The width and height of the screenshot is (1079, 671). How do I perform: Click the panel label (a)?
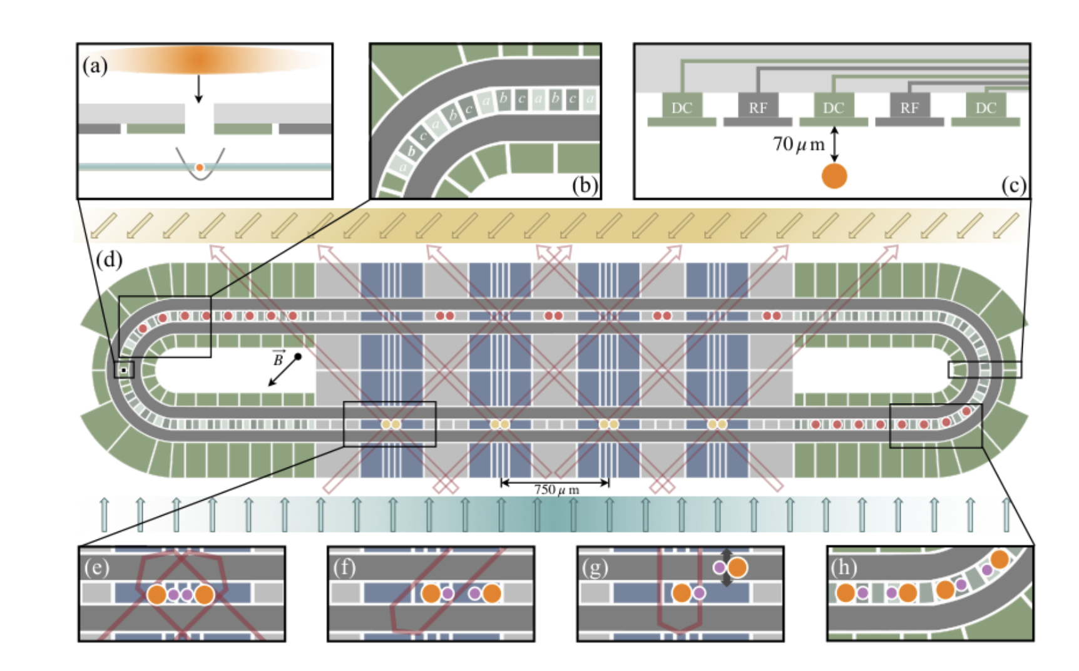pyautogui.click(x=95, y=65)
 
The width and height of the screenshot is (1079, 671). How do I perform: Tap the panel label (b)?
pyautogui.click(x=585, y=186)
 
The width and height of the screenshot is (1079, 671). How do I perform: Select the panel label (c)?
pyautogui.click(x=1013, y=185)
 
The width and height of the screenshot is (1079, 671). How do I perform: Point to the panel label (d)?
pyautogui.click(x=109, y=259)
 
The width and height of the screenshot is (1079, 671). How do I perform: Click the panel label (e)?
pyautogui.click(x=97, y=567)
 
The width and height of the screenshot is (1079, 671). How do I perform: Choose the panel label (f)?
pyautogui.click(x=345, y=567)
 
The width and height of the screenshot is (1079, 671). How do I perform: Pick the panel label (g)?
pyautogui.click(x=595, y=567)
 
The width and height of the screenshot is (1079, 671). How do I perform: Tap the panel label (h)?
pyautogui.click(x=844, y=567)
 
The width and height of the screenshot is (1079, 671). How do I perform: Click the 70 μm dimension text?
pyautogui.click(x=799, y=145)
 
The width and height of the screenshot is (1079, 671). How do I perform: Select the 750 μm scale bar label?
pyautogui.click(x=556, y=489)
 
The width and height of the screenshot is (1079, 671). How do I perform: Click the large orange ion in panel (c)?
pyautogui.click(x=834, y=176)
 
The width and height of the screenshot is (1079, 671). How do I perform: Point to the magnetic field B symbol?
pyautogui.click(x=279, y=359)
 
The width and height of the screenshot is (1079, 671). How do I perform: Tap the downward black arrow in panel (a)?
pyautogui.click(x=198, y=89)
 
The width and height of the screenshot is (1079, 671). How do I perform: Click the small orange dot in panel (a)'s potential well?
pyautogui.click(x=199, y=167)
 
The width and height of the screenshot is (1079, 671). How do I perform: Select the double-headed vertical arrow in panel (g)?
pyautogui.click(x=726, y=568)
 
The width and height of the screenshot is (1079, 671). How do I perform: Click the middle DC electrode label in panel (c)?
pyautogui.click(x=833, y=108)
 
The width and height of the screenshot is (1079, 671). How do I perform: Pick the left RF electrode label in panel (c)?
pyautogui.click(x=757, y=108)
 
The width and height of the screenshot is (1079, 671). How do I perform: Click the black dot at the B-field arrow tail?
pyautogui.click(x=298, y=357)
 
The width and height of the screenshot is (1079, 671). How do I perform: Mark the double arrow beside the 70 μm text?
pyautogui.click(x=834, y=143)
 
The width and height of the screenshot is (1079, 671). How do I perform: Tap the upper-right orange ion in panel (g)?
pyautogui.click(x=737, y=567)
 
